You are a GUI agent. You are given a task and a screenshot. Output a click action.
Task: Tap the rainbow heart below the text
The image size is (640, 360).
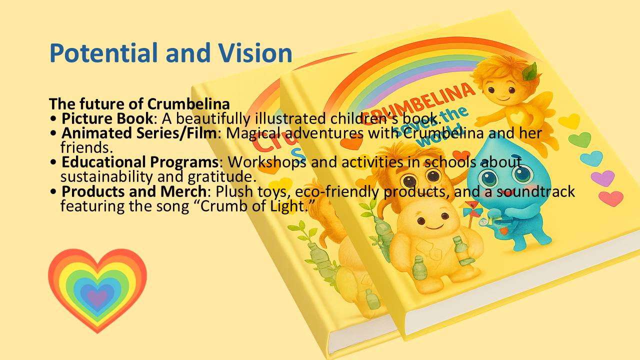pos(97,288)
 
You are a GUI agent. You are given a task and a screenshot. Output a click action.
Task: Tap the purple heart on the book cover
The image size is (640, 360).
pos(602,177)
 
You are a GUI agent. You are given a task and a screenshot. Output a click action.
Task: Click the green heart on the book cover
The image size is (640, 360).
pos(579,139)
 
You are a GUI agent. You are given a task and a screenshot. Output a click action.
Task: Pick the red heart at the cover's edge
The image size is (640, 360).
pos(611,198)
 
